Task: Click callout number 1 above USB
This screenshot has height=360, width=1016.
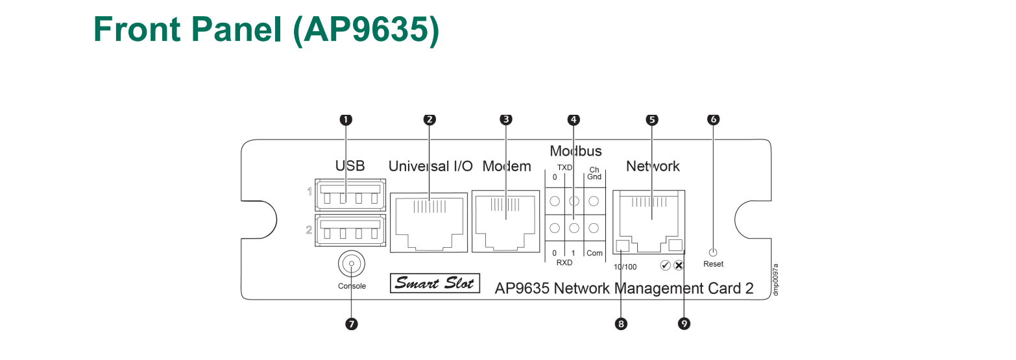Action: tap(346, 119)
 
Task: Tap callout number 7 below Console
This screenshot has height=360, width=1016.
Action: tap(352, 324)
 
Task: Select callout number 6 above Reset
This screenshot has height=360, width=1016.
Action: tap(714, 119)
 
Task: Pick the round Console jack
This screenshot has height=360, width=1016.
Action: tap(352, 265)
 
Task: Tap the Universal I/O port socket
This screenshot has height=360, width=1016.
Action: tap(429, 221)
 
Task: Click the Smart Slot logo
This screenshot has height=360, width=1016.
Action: tap(435, 283)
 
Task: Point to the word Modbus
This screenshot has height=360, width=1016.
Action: tap(575, 151)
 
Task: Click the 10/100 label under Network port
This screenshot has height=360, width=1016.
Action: tap(625, 266)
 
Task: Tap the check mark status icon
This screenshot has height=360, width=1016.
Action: tap(666, 265)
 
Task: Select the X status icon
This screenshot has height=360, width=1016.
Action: tap(679, 265)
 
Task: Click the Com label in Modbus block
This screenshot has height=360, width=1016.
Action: tap(594, 253)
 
